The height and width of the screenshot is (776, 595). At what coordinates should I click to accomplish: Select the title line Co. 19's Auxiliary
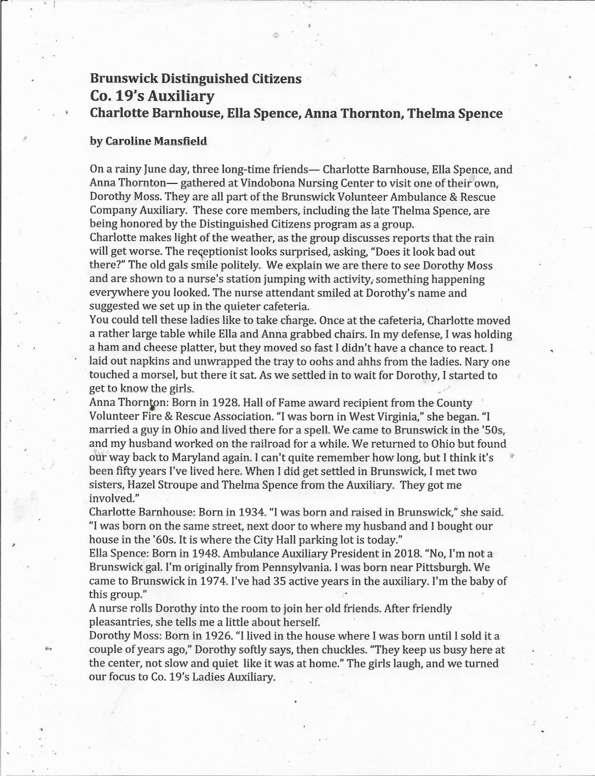coord(152,96)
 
